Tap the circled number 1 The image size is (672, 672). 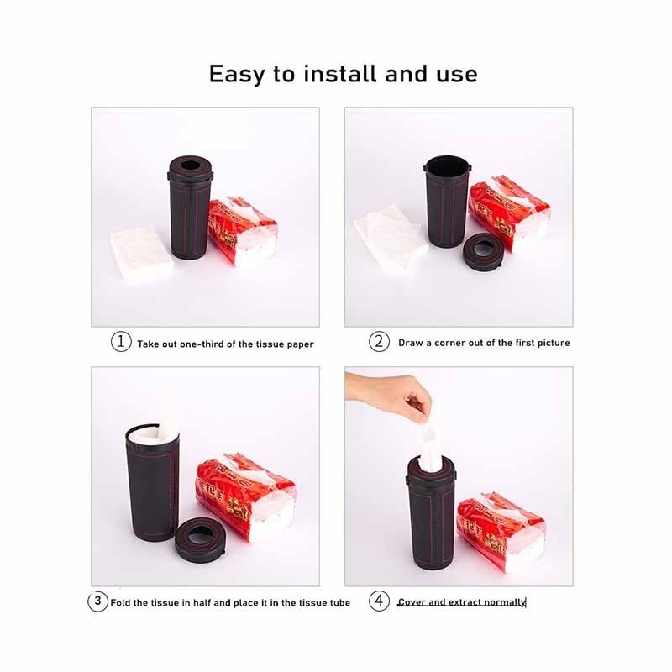(121, 342)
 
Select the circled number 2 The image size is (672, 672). (380, 342)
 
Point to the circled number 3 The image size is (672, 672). (97, 601)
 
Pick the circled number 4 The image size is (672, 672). (380, 601)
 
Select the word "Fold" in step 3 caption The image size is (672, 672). (120, 603)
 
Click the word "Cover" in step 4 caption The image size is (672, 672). (412, 602)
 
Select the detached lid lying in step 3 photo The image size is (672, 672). (201, 539)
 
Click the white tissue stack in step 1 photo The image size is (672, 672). (141, 255)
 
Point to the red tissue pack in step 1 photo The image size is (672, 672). (244, 232)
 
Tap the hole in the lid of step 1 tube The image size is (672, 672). (191, 165)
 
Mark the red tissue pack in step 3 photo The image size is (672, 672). (246, 496)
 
